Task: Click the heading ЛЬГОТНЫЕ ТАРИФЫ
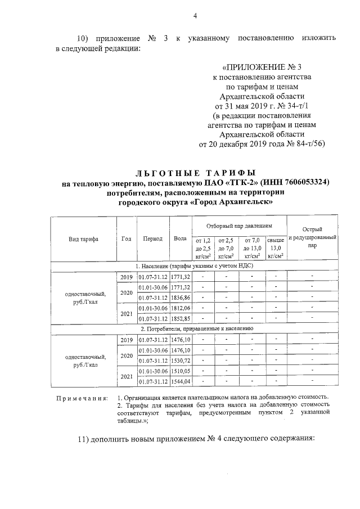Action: click(196, 172)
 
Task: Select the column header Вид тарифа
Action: click(83, 238)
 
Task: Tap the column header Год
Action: click(127, 238)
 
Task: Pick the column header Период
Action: click(153, 238)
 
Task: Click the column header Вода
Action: click(181, 238)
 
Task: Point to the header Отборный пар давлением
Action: click(238, 225)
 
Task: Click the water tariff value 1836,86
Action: click(181, 298)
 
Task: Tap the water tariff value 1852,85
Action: click(181, 318)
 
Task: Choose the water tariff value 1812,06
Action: click(181, 308)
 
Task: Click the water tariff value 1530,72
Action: click(181, 361)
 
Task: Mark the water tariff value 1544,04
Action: click(181, 382)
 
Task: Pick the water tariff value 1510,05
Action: click(181, 371)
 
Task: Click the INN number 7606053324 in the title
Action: click(301, 183)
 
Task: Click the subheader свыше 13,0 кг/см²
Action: click(275, 248)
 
